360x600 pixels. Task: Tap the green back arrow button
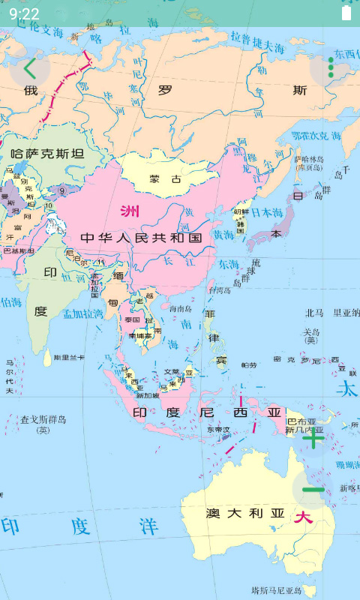(29, 68)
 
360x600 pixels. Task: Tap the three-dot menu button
(331, 68)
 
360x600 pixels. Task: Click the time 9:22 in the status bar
(24, 13)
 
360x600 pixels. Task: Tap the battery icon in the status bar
(346, 13)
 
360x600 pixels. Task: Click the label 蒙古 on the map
(165, 180)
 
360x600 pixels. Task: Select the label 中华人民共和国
(142, 238)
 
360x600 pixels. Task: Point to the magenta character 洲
(129, 211)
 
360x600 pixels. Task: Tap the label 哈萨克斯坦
(47, 154)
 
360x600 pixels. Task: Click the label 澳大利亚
(246, 513)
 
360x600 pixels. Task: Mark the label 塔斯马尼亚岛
(276, 590)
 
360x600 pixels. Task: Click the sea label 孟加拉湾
(82, 314)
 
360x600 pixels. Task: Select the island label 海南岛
(181, 308)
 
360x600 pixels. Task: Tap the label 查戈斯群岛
(43, 419)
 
